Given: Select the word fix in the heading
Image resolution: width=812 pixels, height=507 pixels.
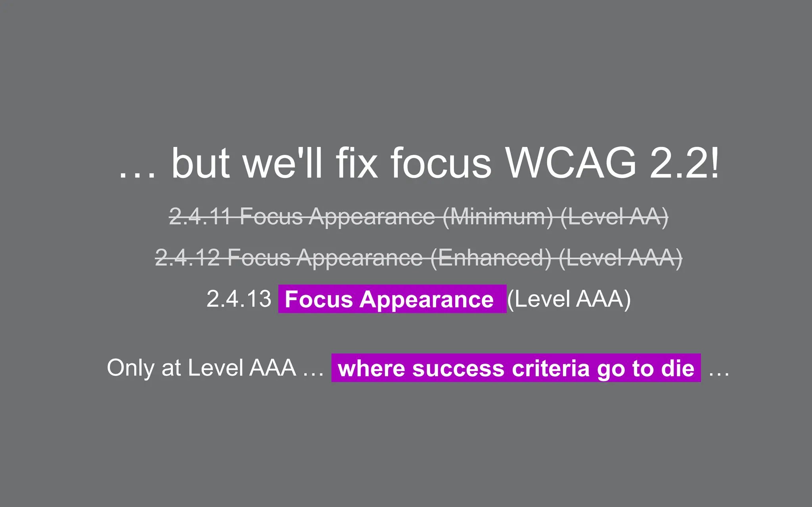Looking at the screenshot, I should (x=356, y=163).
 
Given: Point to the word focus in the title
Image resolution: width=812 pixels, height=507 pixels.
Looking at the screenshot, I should (x=441, y=163).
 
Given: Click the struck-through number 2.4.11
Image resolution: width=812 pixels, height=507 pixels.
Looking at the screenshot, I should (x=200, y=217).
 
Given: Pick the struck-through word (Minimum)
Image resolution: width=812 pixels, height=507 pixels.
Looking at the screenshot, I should (x=497, y=217).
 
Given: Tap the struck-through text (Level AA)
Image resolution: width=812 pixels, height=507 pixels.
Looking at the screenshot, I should (x=614, y=217).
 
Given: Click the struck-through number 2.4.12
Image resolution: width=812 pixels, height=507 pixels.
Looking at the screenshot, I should (x=187, y=258).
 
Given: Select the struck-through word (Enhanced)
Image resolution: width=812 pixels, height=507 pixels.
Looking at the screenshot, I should (x=491, y=258).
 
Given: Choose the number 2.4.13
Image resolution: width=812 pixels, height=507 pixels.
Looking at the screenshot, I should (x=239, y=299).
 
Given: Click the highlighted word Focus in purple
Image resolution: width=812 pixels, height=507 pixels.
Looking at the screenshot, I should (x=318, y=299).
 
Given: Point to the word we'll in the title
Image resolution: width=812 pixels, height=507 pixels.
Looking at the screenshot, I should (x=283, y=163).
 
